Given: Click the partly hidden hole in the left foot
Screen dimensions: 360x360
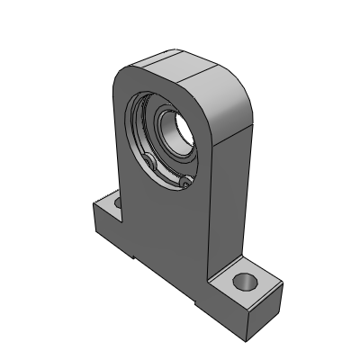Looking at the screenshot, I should pyautogui.click(x=115, y=205).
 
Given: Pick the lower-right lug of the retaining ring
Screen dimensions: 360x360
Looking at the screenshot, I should pyautogui.click(x=184, y=183).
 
